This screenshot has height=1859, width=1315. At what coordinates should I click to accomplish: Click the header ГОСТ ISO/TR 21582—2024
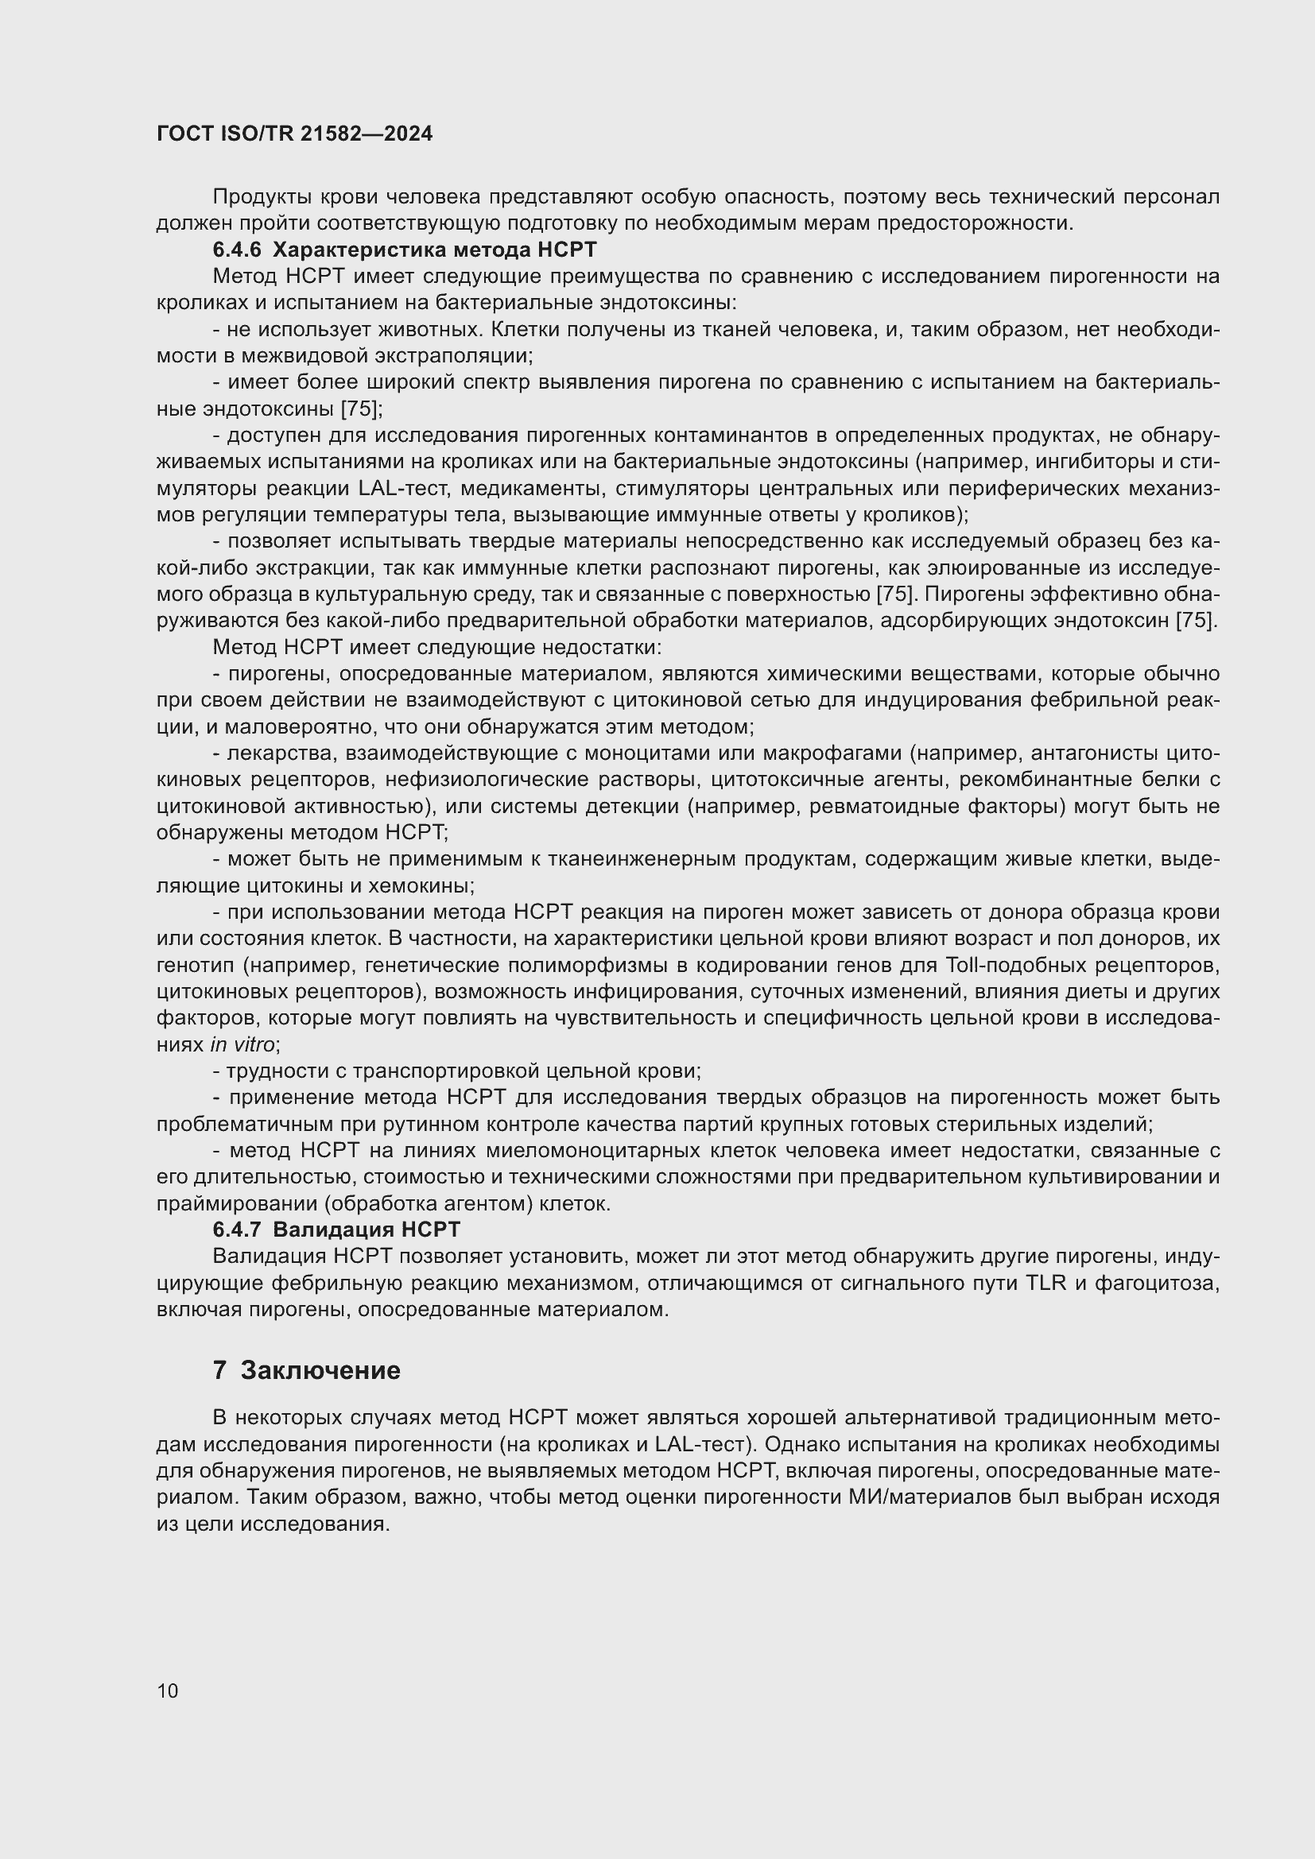(295, 134)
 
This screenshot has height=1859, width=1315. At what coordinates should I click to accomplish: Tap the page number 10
(168, 1691)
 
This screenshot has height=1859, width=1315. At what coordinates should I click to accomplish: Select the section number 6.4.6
(236, 250)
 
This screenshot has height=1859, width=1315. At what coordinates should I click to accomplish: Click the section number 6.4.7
(236, 1230)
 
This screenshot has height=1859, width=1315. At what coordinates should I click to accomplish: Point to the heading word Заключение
(320, 1370)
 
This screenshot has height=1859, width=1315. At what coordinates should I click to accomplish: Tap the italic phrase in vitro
(242, 1044)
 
